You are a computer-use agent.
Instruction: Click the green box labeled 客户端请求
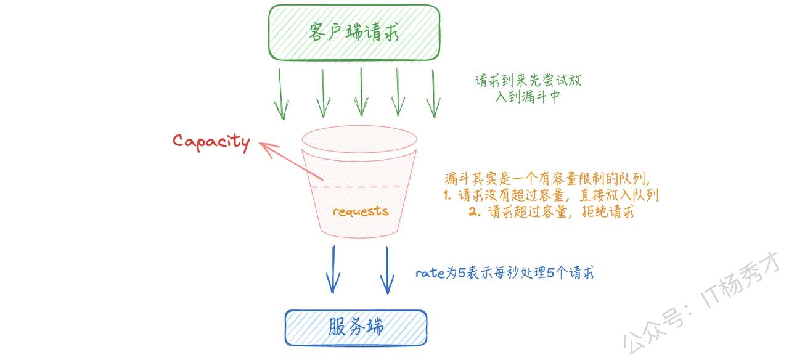[354, 33]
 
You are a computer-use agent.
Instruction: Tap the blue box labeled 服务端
[356, 327]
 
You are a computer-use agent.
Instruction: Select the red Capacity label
[211, 142]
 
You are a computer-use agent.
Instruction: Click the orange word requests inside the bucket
[361, 211]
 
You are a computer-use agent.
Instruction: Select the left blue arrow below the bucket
[333, 269]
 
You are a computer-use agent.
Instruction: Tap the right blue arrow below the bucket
[386, 269]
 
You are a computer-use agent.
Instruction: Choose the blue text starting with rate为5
[504, 274]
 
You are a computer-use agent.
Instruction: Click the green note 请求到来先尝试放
[528, 81]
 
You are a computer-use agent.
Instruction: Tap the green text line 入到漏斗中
[528, 97]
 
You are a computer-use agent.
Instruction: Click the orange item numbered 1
[551, 195]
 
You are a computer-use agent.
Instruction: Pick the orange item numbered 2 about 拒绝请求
[551, 212]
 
